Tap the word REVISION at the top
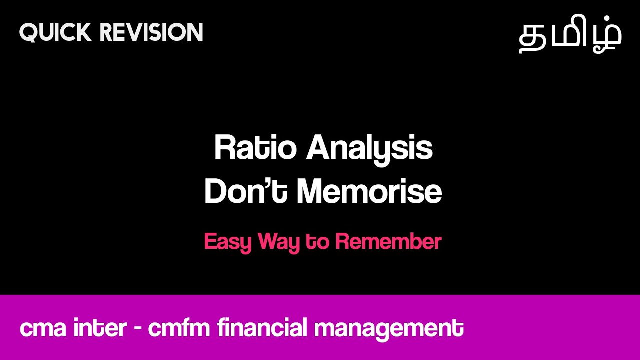(x=151, y=32)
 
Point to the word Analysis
(x=369, y=148)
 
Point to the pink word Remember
(x=388, y=242)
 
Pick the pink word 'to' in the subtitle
(x=317, y=242)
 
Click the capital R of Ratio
(x=223, y=148)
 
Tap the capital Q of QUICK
(x=29, y=32)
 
